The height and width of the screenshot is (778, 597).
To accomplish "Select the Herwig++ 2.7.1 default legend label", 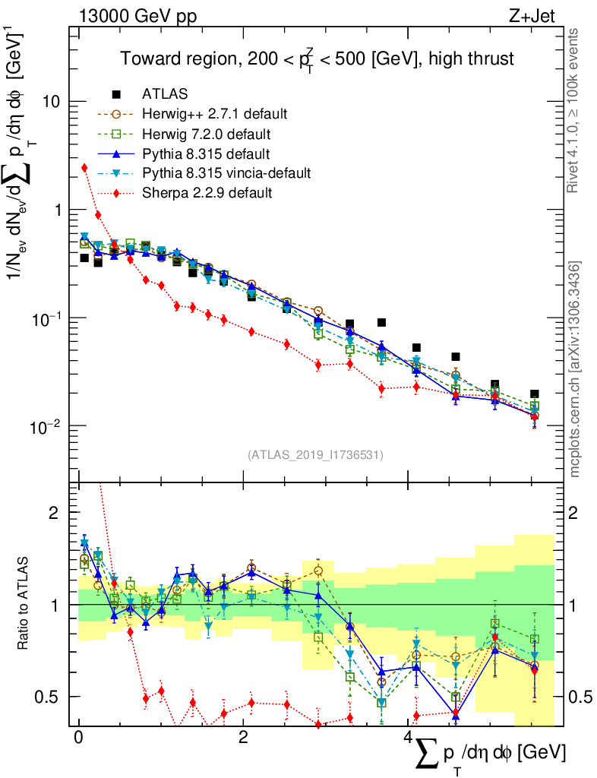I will (214, 115).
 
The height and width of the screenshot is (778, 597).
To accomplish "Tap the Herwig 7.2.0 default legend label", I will (207, 134).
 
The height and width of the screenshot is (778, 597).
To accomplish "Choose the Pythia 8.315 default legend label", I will (204, 154).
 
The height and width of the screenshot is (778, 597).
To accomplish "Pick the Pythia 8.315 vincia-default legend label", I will (226, 173).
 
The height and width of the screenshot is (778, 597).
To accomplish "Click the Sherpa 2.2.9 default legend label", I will (207, 193).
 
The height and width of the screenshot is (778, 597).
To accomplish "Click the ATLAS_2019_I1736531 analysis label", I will (315, 455).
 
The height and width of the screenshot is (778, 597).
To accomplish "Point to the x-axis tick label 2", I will (242, 738).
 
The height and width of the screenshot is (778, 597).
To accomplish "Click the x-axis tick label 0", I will (78, 738).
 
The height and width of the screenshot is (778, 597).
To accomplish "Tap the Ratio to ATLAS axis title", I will (26, 604).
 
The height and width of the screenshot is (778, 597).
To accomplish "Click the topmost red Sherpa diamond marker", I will (84, 168).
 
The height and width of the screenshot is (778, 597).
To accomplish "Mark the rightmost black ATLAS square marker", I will (535, 394).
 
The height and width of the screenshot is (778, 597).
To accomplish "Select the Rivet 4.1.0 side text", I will (575, 110).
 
